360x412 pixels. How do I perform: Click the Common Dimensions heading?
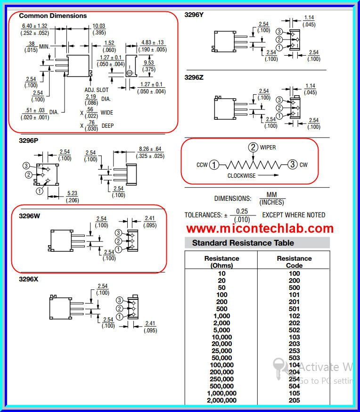pos(53,16)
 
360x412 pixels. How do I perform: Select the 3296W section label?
pos(30,216)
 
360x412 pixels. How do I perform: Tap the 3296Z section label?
pos(194,77)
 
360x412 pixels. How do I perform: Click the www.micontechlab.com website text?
pos(260,229)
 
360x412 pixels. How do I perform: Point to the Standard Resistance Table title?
pos(243,243)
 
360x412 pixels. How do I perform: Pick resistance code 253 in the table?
pos(294,351)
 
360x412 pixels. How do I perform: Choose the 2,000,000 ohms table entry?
pos(221,400)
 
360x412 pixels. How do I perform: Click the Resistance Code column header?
pos(294,262)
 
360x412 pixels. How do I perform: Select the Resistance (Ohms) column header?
pos(221,262)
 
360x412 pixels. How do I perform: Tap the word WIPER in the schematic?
pos(268,148)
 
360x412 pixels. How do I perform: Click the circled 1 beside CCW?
pos(214,165)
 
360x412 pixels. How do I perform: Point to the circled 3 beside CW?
pos(293,165)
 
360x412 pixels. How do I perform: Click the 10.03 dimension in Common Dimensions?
pos(98,25)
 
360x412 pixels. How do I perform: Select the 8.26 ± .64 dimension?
pos(150,149)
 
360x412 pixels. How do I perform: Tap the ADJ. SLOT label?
pos(96,90)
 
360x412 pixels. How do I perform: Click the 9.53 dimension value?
pos(149,63)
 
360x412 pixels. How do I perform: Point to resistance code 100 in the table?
pos(294,273)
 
